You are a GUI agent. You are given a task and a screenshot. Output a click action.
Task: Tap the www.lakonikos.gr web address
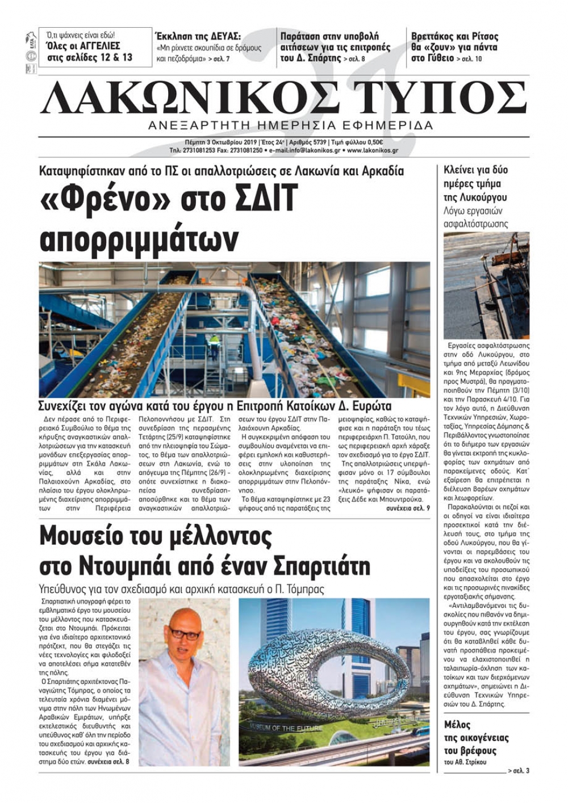pos(372,150)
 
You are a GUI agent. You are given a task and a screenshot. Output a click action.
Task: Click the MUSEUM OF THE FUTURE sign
pos(285,728)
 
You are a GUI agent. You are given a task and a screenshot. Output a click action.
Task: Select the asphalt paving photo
pos(486,285)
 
